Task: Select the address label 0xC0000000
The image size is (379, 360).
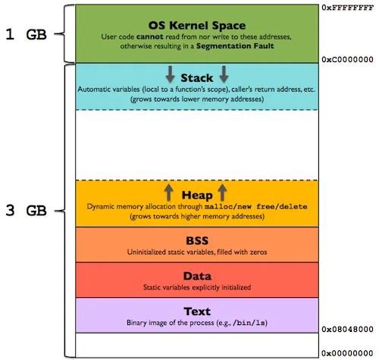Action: point(348,58)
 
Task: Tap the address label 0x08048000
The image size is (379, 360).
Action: point(348,330)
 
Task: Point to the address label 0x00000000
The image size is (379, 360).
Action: point(348,353)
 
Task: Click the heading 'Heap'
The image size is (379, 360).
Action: point(196,193)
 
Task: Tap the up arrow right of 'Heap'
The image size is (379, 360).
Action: point(224,192)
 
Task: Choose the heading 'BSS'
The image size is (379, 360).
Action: point(196,240)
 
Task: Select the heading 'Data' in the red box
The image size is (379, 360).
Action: point(196,276)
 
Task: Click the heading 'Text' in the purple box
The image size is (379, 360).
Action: point(196,311)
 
